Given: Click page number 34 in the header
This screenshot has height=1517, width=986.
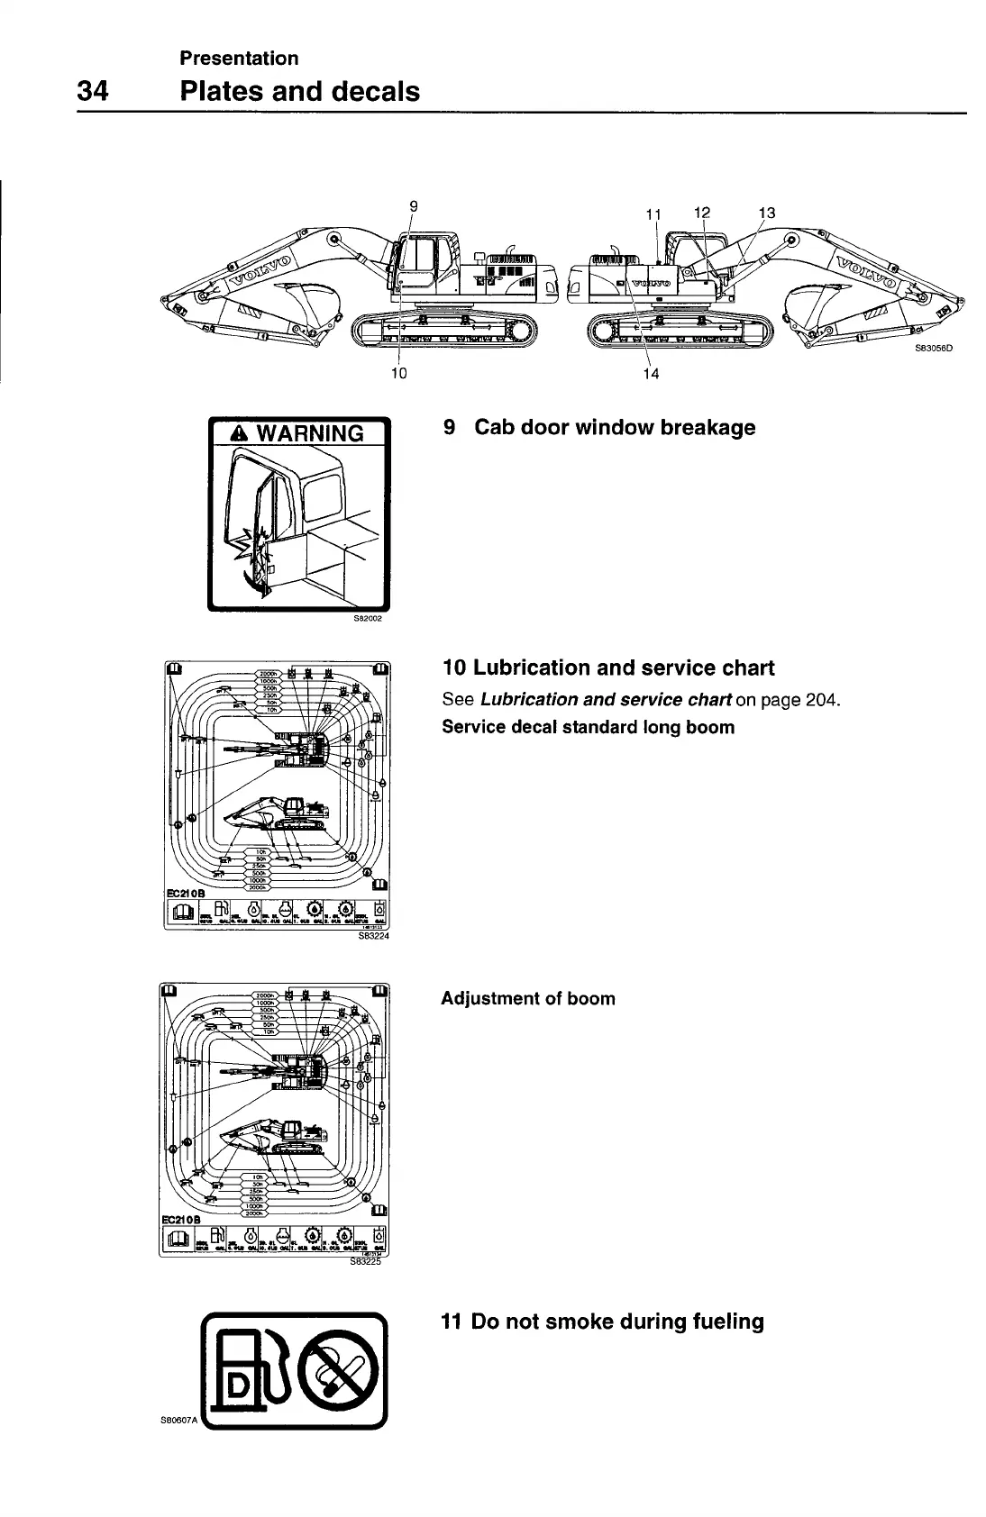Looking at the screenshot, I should [93, 91].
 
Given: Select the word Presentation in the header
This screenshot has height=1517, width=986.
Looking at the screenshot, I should [239, 59].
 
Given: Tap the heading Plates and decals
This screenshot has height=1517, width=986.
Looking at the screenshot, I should [300, 91].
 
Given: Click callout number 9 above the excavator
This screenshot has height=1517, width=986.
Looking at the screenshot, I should [414, 205].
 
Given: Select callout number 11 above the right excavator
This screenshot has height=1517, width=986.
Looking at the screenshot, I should [654, 214].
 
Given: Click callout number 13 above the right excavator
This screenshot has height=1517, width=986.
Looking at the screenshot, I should [767, 213].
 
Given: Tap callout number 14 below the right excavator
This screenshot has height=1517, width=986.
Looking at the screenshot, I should [651, 374].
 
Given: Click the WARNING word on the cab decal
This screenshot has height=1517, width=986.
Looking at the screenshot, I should [310, 433].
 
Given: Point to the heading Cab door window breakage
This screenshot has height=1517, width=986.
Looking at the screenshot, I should [615, 427].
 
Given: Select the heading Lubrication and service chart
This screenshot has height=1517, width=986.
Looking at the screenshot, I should [608, 668].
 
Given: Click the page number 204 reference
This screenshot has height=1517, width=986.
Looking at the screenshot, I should [820, 699].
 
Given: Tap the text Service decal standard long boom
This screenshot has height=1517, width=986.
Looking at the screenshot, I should [588, 727].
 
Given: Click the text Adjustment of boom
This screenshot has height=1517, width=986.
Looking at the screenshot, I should [528, 998].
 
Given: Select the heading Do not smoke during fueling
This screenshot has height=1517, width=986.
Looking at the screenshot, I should [602, 1322].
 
